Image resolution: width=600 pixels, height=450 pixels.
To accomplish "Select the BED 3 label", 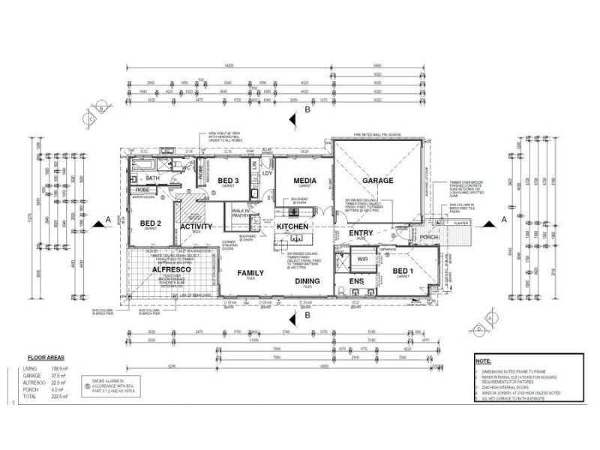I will pyautogui.click(x=228, y=181).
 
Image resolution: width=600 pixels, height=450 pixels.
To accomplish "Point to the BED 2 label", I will pyautogui.click(x=151, y=223).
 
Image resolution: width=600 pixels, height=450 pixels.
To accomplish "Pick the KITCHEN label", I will pyautogui.click(x=292, y=226).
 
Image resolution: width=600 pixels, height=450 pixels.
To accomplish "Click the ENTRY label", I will pyautogui.click(x=361, y=233).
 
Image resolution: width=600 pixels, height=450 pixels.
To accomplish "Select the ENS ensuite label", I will pyautogui.click(x=357, y=283).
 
